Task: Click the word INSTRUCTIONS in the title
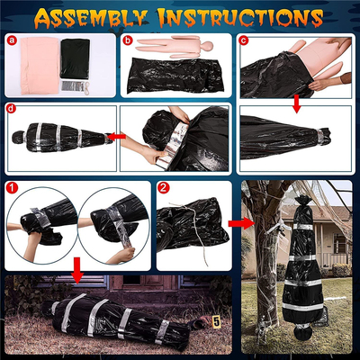249,16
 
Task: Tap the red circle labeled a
12,40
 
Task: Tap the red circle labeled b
128,40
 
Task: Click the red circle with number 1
12,189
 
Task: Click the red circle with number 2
163,189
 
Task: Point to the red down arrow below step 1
78,267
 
